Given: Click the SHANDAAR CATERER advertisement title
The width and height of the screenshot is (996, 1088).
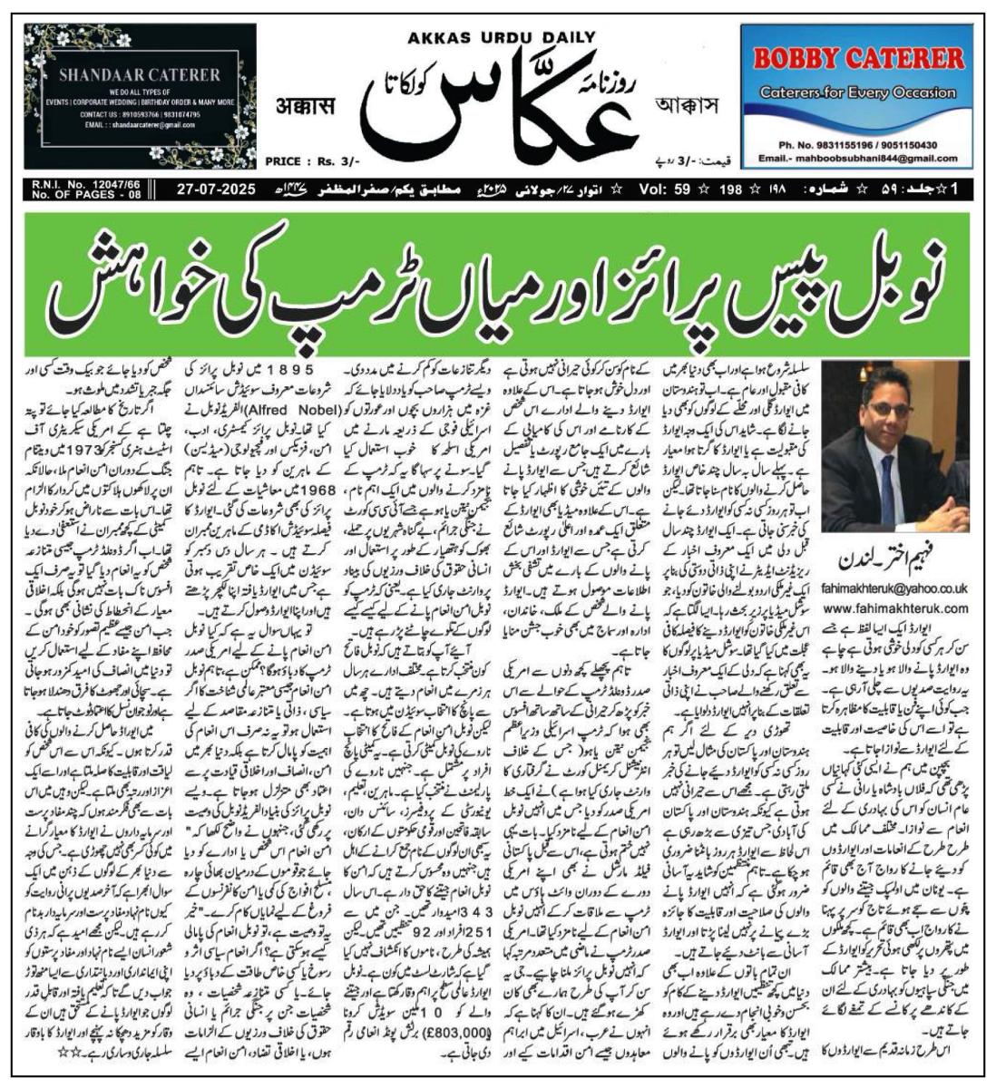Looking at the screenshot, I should click(x=140, y=74).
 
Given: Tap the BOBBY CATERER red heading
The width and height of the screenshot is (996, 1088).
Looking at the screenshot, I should click(x=859, y=60).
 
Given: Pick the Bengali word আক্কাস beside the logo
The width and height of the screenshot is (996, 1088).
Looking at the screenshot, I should click(x=691, y=106).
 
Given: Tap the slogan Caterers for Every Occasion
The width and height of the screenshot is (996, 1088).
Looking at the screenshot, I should click(x=858, y=92).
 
